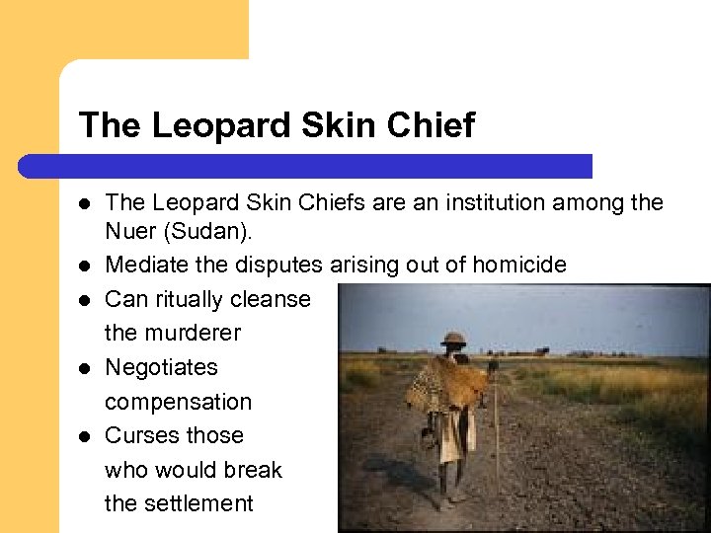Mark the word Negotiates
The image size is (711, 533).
(x=161, y=367)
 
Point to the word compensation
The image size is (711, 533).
(x=178, y=402)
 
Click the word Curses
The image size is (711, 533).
(x=139, y=435)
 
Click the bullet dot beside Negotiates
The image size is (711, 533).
(x=86, y=367)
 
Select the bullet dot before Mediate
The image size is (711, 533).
(x=86, y=265)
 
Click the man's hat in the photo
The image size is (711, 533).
(x=454, y=339)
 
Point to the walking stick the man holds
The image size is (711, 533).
(x=496, y=434)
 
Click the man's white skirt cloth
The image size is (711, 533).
(x=455, y=434)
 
